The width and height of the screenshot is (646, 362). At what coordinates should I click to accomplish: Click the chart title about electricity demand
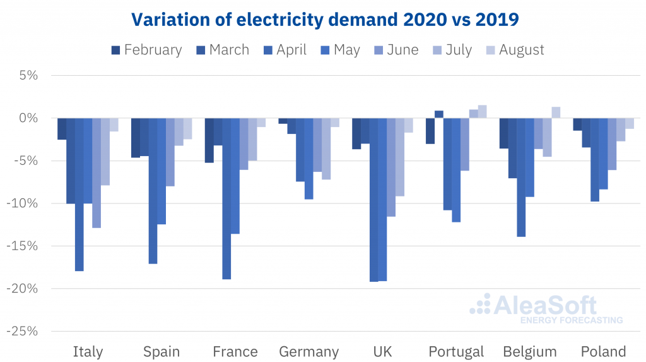(x=324, y=20)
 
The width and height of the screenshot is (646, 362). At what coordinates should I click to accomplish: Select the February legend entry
(x=146, y=50)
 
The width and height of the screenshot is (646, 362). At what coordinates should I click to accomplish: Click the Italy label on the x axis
(x=88, y=352)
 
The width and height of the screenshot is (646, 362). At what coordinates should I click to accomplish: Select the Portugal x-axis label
(x=456, y=352)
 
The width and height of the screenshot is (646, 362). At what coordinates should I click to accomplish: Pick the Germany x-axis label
(x=309, y=352)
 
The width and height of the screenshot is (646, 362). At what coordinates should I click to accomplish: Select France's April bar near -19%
(x=226, y=198)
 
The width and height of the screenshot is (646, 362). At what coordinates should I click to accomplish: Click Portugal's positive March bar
(x=439, y=114)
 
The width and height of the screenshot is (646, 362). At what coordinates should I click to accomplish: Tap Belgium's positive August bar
(x=556, y=112)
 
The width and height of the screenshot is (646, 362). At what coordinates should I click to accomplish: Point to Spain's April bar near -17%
(x=153, y=191)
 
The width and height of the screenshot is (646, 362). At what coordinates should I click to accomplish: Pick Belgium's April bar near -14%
(x=521, y=178)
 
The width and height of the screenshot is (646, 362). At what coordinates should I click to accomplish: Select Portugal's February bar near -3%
(x=430, y=131)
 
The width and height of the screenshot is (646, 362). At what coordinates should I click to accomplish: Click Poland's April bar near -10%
(x=595, y=160)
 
